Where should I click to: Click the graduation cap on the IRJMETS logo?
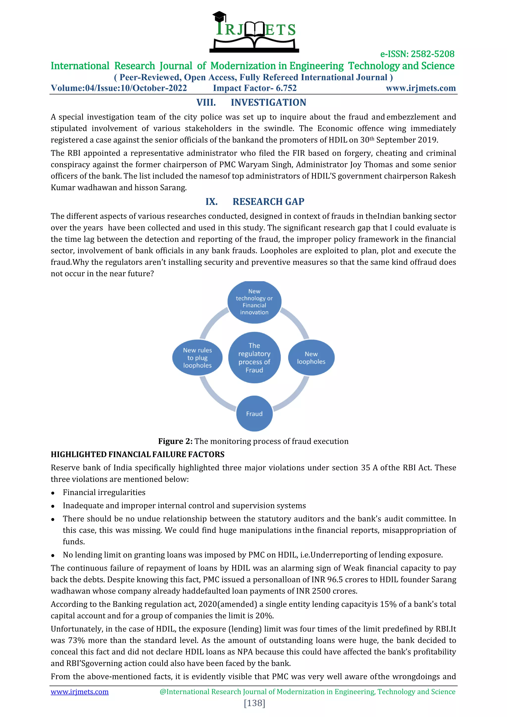pos(219,17)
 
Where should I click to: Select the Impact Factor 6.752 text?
pos(254,88)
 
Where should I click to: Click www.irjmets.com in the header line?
pos(420,88)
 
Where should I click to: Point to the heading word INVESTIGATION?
pos(268,102)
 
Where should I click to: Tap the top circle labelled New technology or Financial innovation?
pos(254,302)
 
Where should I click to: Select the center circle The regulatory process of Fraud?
pos(254,358)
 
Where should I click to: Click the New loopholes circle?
pos(311,358)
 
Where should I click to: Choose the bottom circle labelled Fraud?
pos(254,414)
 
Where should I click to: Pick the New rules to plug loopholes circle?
pos(197,358)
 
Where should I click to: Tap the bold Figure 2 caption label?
pos(175,441)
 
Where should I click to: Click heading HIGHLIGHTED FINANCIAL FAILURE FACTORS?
pos(137,454)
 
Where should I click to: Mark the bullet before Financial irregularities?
pos(53,493)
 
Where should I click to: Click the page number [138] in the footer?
pos(254,703)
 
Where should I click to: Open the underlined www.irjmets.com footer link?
pos(80,692)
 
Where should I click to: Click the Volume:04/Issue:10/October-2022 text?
pos(119,88)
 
